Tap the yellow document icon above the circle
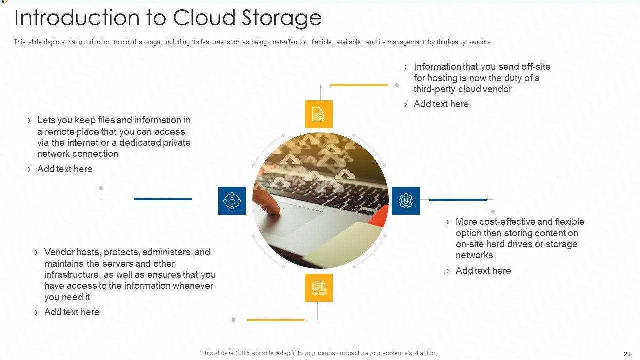pos(318,114)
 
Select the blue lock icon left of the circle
pos(232,201)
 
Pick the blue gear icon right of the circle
pos(405,201)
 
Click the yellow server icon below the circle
pos(318,288)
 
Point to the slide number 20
pos(627,354)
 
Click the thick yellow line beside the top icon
pos(359,85)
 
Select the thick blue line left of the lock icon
pos(163,199)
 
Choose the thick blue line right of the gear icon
pos(458,200)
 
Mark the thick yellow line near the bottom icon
pos(275,320)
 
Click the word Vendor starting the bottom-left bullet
pos(59,252)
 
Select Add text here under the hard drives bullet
pos(483,271)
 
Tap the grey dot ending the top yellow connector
pos(397,85)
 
